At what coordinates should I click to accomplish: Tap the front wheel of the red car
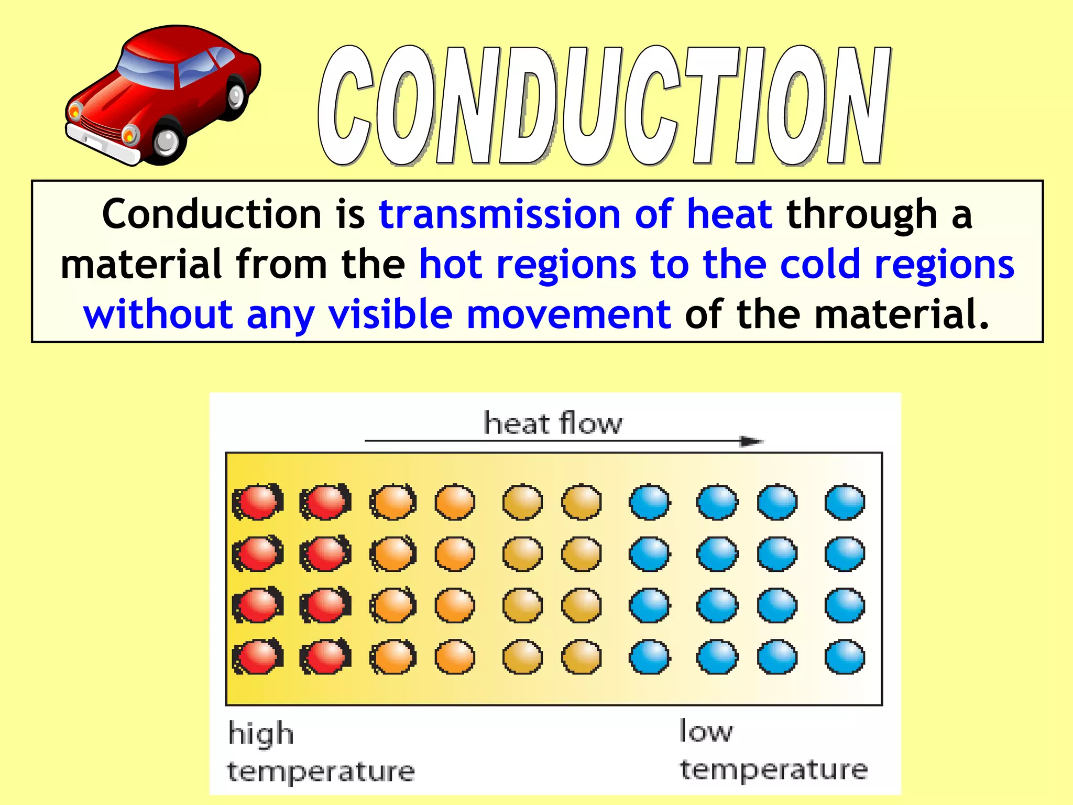(167, 140)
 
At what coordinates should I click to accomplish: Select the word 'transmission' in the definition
(499, 214)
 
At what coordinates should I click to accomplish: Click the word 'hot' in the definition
(451, 264)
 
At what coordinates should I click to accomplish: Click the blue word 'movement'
(568, 314)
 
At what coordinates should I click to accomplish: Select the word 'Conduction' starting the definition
(211, 214)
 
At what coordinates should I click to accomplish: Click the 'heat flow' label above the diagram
(553, 423)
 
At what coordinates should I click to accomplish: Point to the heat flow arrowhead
(751, 441)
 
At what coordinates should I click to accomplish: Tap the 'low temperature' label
(773, 751)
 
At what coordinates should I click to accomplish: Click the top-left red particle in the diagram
(258, 502)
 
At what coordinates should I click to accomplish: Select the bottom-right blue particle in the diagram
(845, 657)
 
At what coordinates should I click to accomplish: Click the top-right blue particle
(845, 502)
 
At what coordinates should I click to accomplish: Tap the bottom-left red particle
(258, 657)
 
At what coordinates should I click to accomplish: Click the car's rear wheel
(236, 96)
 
